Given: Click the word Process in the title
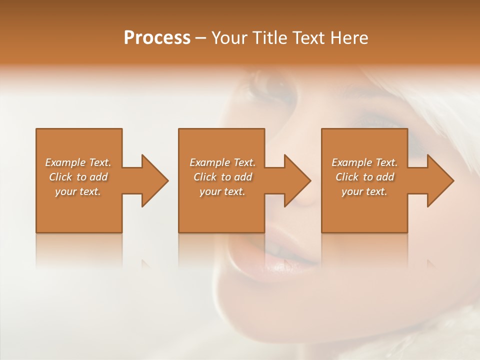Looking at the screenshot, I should [x=157, y=38].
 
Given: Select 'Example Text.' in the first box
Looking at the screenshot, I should [x=78, y=162].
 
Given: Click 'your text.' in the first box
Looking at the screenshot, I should [x=78, y=191].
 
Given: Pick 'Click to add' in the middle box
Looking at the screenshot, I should [x=222, y=177].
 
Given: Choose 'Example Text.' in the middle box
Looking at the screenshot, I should [x=222, y=162].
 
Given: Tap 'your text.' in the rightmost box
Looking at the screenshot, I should [x=364, y=191].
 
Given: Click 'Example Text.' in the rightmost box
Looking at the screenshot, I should [x=364, y=162].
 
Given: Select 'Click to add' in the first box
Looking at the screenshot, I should [x=78, y=177].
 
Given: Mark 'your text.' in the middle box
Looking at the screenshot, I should [x=222, y=191].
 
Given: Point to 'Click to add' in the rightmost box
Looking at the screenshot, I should [x=364, y=177].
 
